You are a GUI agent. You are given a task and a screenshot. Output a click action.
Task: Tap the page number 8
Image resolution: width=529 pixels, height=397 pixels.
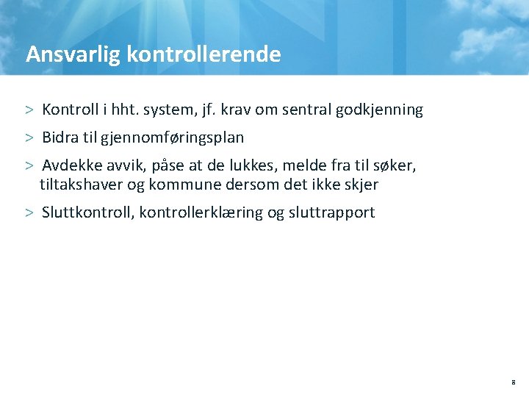pos(513,383)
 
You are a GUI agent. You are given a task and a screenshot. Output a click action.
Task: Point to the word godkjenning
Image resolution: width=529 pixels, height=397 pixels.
pos(379,110)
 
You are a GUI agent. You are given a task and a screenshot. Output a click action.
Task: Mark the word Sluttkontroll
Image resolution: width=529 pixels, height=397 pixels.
pos(86,212)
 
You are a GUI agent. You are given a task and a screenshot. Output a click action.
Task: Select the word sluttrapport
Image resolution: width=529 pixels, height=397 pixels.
pos(331,212)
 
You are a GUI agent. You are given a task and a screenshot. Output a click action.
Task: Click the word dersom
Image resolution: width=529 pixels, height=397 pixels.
pos(247,185)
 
